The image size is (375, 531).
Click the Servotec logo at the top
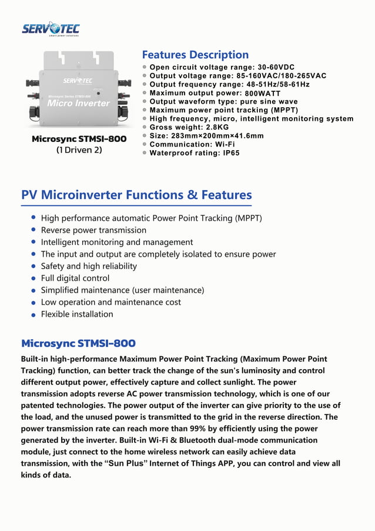51,29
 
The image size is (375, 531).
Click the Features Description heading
195,55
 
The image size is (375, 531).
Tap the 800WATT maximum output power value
263,94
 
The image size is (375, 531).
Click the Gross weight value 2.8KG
217,127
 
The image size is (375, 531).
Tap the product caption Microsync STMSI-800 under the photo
79,139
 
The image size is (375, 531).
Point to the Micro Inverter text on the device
78,104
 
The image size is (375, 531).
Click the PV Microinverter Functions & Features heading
136,195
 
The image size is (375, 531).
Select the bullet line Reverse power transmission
93,230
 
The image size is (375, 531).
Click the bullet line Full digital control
75,278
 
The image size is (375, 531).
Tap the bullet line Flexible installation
77,314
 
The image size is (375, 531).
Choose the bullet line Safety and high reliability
89,266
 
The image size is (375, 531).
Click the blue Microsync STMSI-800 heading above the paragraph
78,343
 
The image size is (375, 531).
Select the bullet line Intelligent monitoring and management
116,242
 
